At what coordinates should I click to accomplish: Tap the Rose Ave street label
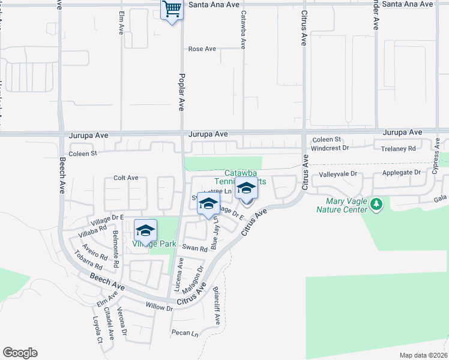coord(202,49)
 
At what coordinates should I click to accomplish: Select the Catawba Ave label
coord(244,29)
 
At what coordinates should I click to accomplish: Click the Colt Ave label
coord(126,178)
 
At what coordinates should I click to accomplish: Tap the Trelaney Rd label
coord(394,148)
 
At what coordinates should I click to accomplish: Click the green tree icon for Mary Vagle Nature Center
coord(376,205)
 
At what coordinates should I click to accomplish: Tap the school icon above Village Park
coord(145,230)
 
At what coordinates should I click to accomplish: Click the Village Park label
coord(154,244)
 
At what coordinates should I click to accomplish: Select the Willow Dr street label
coord(159,307)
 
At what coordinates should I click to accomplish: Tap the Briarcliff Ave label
coord(216,306)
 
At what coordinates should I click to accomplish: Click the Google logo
coord(20,353)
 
